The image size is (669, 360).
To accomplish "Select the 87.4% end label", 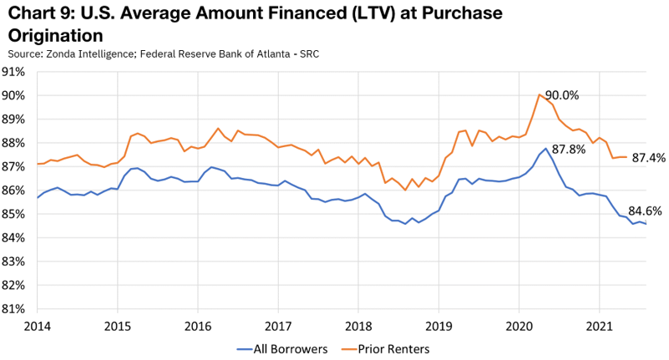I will point(648,157).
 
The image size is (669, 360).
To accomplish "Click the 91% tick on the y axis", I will point(16,72).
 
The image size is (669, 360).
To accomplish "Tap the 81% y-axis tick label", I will point(16,308).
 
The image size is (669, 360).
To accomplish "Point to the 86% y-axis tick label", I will point(16,190).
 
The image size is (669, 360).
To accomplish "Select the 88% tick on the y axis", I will point(16,143).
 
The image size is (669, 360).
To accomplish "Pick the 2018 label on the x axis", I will point(358,323).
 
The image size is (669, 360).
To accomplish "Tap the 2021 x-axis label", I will point(600,323).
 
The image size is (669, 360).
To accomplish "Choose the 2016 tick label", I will point(198,323).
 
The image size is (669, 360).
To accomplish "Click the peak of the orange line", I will point(540,95).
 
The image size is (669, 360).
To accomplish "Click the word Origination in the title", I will point(55,36).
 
